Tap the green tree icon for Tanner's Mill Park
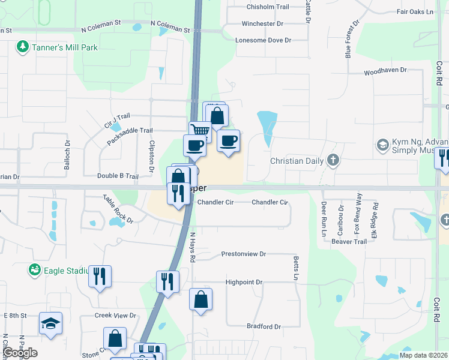(x=23, y=46)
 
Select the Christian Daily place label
(x=297, y=161)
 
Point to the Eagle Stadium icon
(x=35, y=271)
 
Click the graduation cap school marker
(x=50, y=323)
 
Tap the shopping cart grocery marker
(x=200, y=131)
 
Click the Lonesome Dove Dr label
(x=263, y=40)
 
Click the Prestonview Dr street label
(x=244, y=254)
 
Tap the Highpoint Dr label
(x=244, y=282)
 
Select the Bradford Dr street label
(x=264, y=326)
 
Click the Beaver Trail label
(x=349, y=241)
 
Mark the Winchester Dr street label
(x=262, y=23)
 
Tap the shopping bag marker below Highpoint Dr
(x=201, y=299)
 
